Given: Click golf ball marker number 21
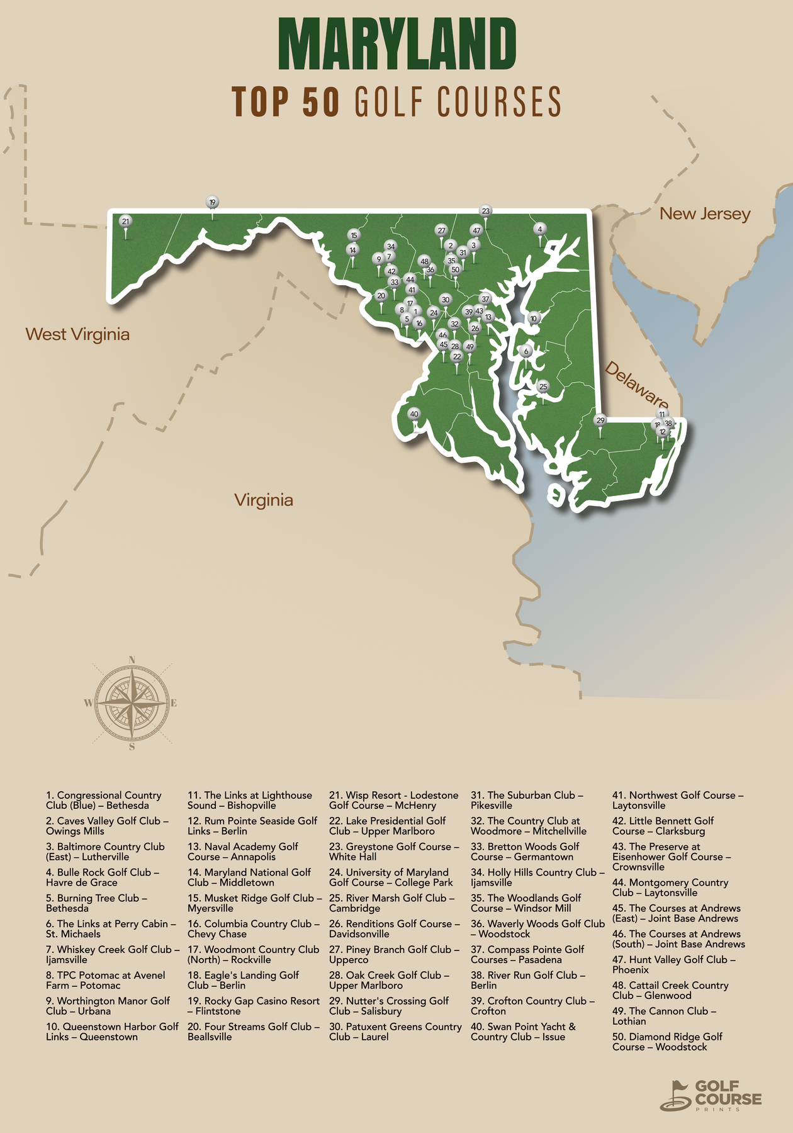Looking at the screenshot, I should pos(126,222).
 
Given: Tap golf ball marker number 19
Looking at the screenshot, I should pos(212,203).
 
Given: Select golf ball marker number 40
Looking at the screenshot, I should pos(413,414).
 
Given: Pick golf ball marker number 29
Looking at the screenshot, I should pos(600,420).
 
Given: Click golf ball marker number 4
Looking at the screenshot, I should pos(539,229).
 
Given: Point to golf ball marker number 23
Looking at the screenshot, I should pos(485,211).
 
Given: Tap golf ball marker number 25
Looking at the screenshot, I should pos(543,386).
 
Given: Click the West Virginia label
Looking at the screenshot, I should pos(77,334).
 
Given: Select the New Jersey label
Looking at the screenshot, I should pos(705,214).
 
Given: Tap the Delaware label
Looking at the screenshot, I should pos(636,385).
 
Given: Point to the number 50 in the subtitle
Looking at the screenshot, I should pos(320,102).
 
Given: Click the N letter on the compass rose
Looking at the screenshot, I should pos(132,660).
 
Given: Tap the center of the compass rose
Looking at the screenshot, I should pos(132,703).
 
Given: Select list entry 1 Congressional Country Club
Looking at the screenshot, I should pos(104,801).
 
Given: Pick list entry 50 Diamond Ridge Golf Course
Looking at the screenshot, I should pos(667,1042).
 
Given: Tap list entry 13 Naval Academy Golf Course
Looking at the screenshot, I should pos(242,852).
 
